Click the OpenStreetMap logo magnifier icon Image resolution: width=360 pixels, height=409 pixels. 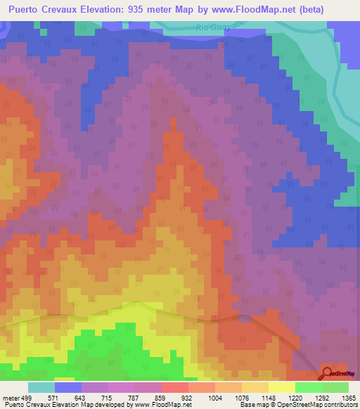[x=328, y=372]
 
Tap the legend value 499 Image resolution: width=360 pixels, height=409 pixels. [x=26, y=397]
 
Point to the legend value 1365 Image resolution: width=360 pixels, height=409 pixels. [x=339, y=397]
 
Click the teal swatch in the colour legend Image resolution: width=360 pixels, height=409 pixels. [x=41, y=387]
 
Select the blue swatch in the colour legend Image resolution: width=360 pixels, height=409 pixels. [x=68, y=387]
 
